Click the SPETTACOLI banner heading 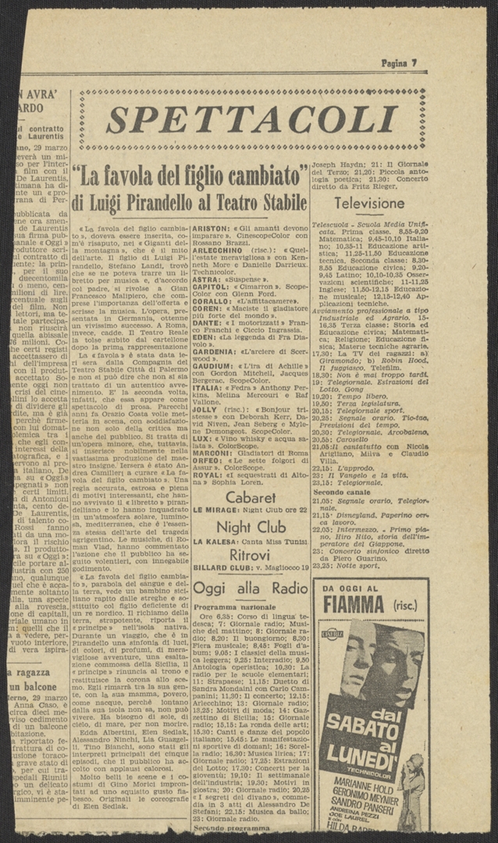[251, 120]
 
